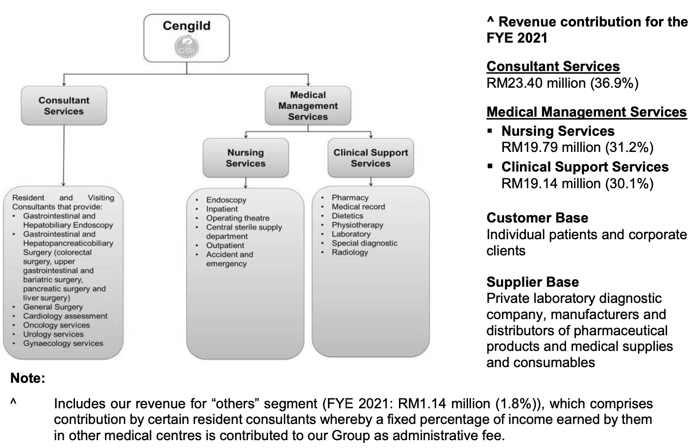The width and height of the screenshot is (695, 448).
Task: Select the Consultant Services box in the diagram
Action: click(x=64, y=106)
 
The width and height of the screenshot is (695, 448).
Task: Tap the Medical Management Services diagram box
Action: click(x=308, y=106)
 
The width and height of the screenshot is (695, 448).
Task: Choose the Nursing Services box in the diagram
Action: click(x=246, y=158)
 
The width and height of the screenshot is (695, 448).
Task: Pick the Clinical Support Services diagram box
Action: click(x=371, y=158)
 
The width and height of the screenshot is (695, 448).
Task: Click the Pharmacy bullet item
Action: click(x=350, y=198)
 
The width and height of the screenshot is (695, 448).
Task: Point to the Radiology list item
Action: click(x=349, y=252)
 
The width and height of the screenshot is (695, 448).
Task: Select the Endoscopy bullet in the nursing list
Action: click(x=226, y=200)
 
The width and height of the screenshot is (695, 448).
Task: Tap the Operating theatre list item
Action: click(x=238, y=218)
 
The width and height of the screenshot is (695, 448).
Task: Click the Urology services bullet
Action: click(x=53, y=334)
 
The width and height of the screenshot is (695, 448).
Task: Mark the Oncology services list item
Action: click(x=56, y=325)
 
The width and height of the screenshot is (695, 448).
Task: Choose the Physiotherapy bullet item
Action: click(x=357, y=225)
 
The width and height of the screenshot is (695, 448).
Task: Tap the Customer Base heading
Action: click(x=537, y=218)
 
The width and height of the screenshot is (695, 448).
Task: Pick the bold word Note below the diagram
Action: click(x=27, y=378)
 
